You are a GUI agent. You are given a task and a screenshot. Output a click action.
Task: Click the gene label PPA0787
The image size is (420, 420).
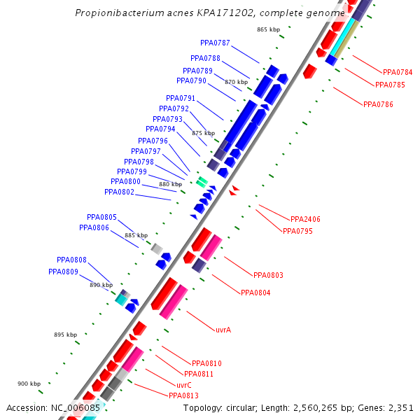click(215, 43)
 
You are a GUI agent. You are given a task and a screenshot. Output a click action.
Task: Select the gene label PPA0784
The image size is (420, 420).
click(398, 72)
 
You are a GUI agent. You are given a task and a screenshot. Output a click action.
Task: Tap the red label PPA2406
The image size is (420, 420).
click(305, 219)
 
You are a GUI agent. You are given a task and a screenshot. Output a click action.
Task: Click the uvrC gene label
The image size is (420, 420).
click(184, 385)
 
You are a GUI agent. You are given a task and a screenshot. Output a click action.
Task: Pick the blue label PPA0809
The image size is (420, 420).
click(63, 272)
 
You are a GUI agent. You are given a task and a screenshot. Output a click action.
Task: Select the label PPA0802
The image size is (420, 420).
click(119, 192)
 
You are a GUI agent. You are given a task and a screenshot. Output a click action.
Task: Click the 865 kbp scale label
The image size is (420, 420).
click(268, 29)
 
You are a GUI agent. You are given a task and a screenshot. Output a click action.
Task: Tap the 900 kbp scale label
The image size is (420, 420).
click(29, 384)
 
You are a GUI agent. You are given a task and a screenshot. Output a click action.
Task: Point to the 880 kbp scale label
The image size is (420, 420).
click(170, 185)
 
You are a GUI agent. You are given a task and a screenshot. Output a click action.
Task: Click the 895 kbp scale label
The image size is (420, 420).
click(65, 335)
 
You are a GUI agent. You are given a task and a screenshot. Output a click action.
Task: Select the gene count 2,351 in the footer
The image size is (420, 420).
click(401, 407)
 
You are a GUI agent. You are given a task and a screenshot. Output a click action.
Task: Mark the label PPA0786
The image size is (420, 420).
click(378, 104)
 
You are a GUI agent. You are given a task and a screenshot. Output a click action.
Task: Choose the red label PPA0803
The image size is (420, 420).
click(268, 275)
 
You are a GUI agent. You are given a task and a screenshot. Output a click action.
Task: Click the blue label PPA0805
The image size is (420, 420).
click(101, 217)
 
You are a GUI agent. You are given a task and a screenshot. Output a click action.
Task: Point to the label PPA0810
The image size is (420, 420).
click(206, 363)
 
